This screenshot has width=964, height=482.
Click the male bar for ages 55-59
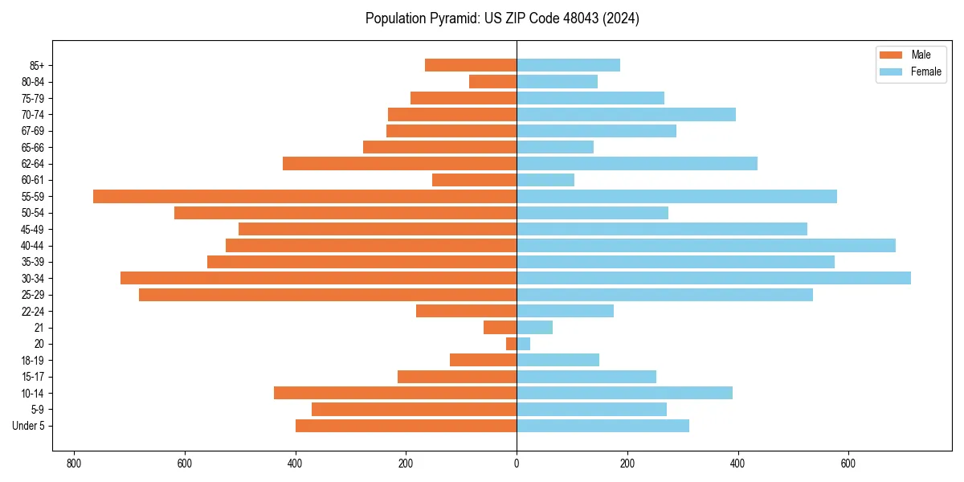[304, 197]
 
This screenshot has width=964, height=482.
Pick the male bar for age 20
[511, 344]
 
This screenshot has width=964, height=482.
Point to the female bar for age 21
[534, 327]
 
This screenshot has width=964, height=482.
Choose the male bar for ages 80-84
[492, 81]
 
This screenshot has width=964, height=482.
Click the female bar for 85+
[568, 65]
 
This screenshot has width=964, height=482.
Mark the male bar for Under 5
[406, 426]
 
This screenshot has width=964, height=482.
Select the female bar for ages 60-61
[545, 180]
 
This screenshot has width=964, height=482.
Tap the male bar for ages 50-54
[345, 213]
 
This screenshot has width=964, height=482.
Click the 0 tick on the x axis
[517, 464]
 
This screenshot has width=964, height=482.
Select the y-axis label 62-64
[33, 164]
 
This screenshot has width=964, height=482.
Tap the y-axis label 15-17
[33, 377]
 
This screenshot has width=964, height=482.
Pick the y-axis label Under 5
[28, 426]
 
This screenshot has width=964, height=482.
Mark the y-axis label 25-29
[33, 295]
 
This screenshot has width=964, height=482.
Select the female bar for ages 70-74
[626, 114]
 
